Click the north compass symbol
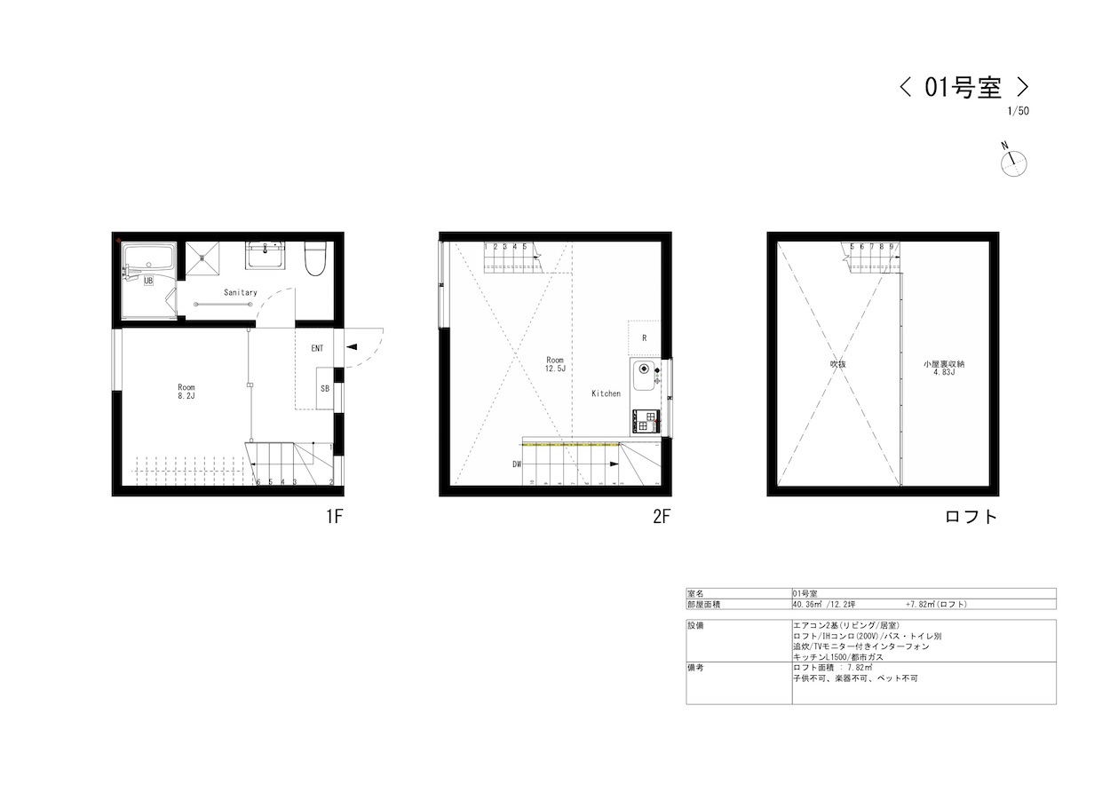1013,163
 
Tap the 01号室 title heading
963,87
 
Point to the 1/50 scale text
1019,112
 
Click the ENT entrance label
317,349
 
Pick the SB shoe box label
325,388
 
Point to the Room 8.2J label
186,392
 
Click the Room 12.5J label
556,364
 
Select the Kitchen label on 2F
607,393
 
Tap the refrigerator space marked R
644,338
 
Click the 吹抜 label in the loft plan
837,363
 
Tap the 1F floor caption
333,518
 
